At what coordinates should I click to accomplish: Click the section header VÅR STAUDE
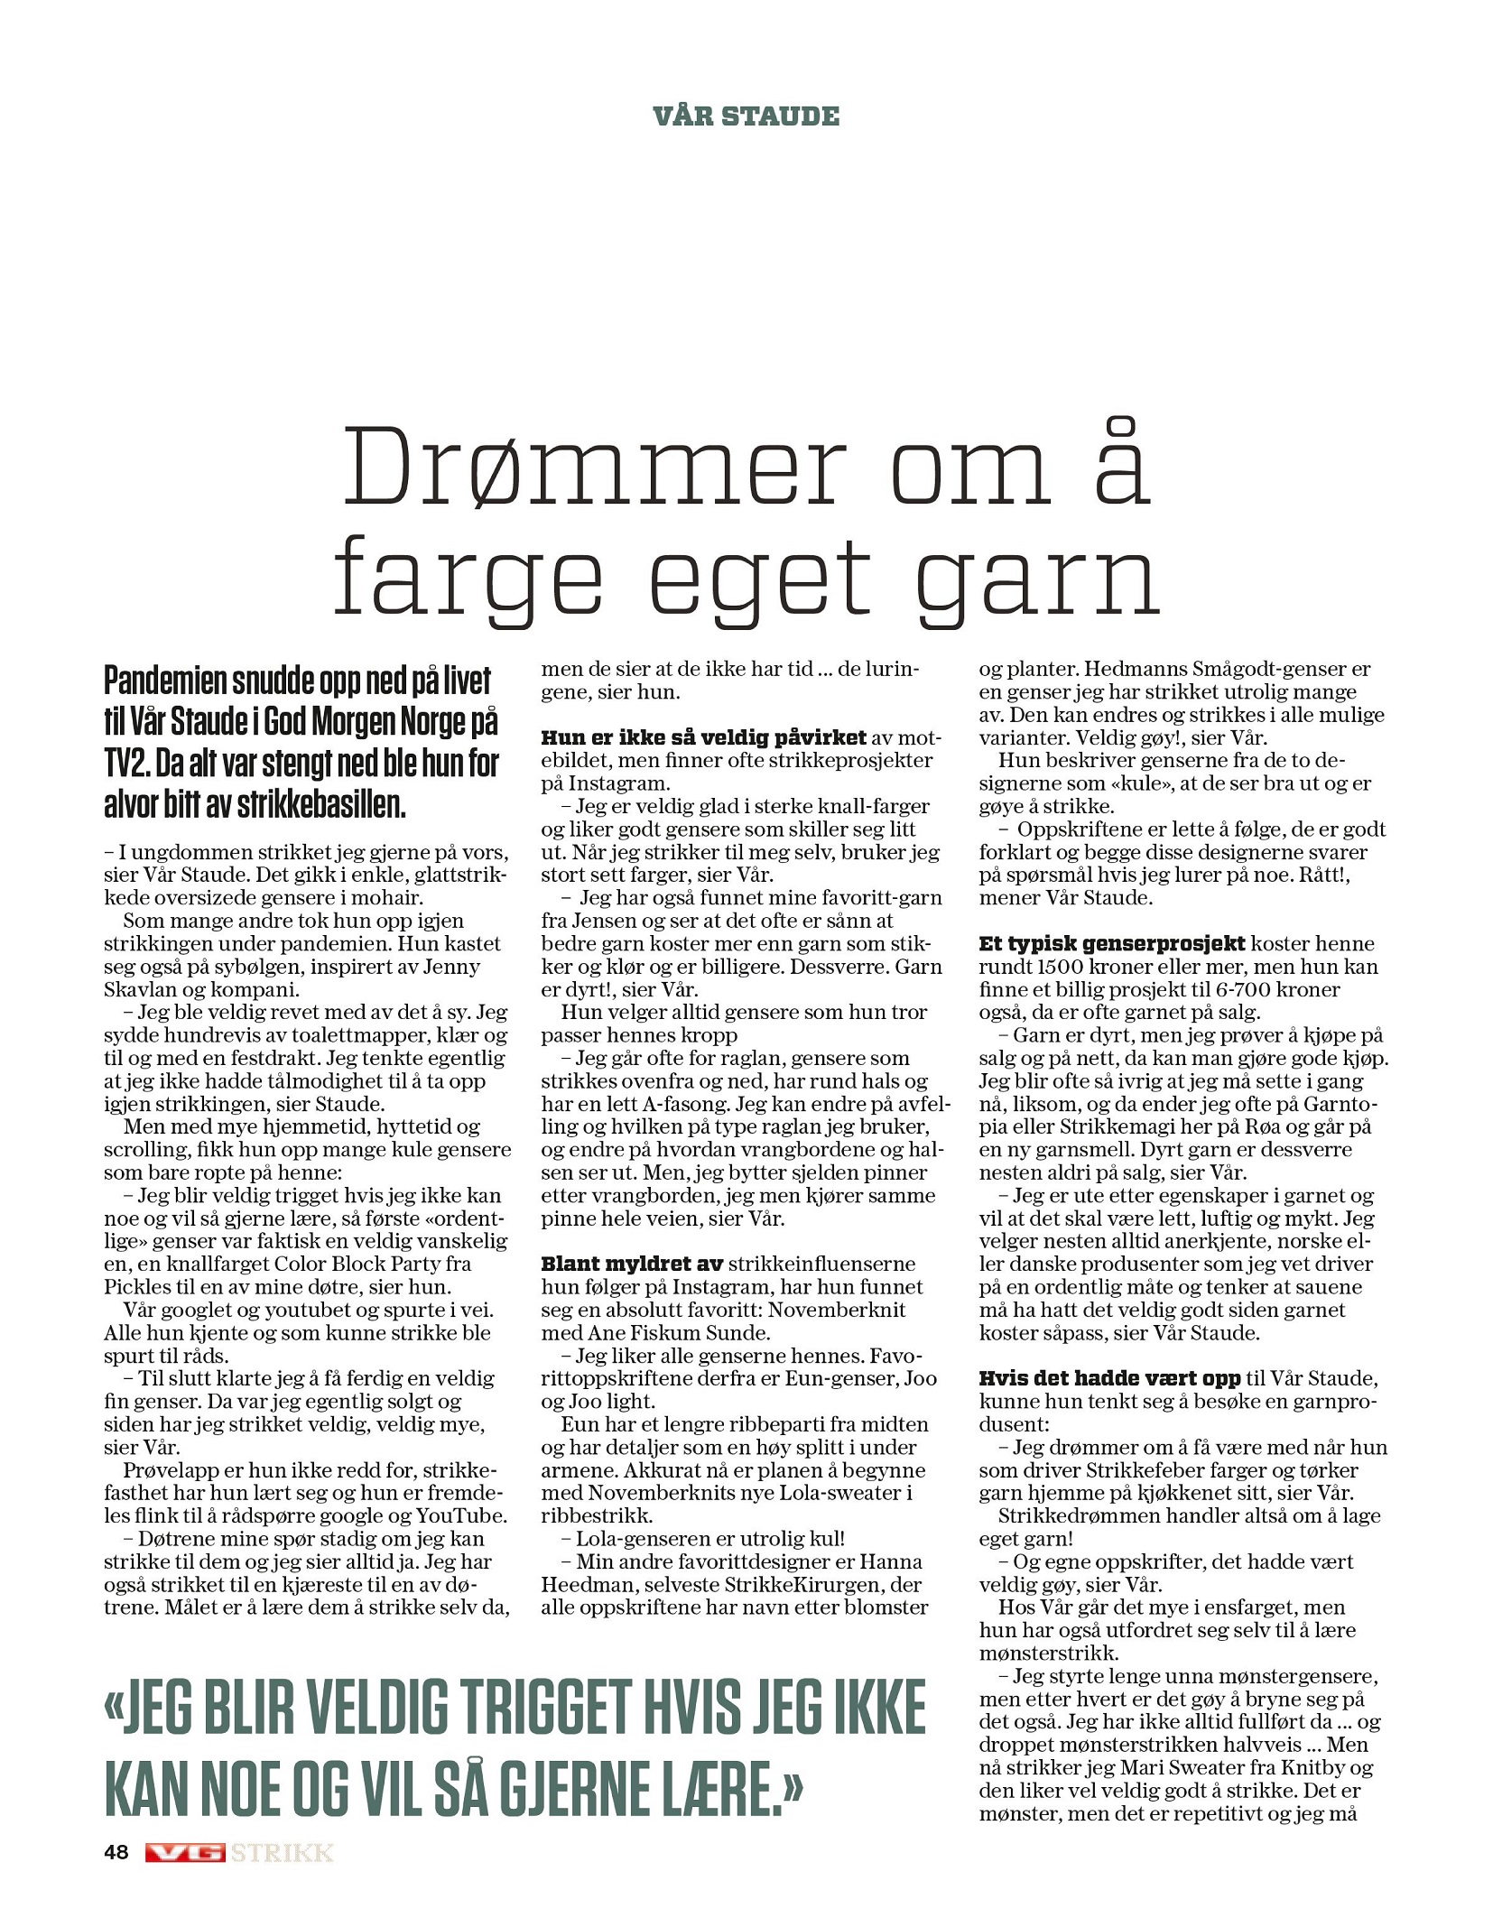[x=746, y=116]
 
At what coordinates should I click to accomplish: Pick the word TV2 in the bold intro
[x=125, y=764]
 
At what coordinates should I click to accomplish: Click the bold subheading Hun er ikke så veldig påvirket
[x=703, y=737]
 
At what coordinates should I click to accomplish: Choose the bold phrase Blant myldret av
[x=632, y=1264]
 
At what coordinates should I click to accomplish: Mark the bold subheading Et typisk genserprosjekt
[x=1112, y=943]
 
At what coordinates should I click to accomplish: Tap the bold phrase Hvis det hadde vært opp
[x=1109, y=1378]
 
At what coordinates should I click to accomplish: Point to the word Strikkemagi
[x=1117, y=1126]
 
